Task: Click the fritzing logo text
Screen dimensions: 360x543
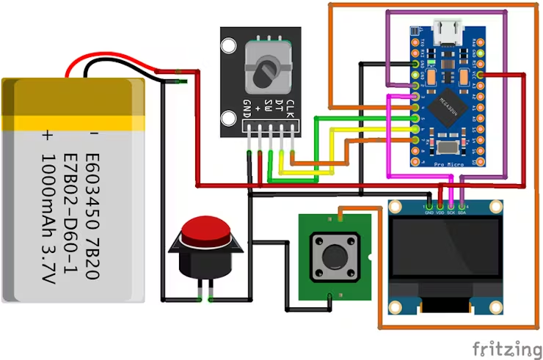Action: click(502, 347)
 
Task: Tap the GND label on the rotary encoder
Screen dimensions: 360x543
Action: click(248, 109)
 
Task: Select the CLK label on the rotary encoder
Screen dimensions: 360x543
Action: click(291, 109)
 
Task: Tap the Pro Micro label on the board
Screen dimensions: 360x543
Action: click(448, 166)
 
